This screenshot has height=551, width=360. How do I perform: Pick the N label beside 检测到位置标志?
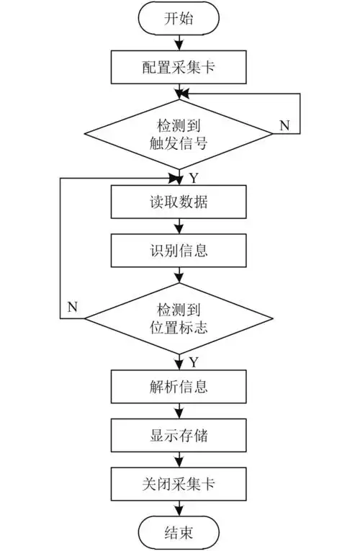pyautogui.click(x=73, y=308)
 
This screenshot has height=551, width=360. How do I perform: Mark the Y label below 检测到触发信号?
pyautogui.click(x=192, y=176)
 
